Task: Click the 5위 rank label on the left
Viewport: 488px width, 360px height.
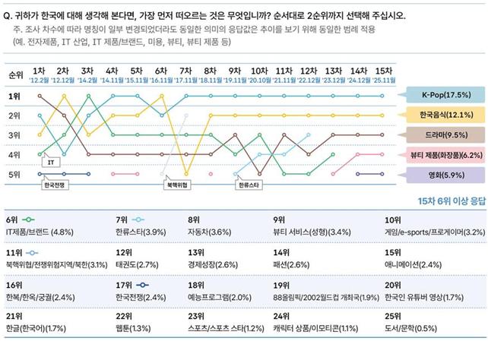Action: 14,175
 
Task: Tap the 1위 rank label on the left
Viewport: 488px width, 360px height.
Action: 14,96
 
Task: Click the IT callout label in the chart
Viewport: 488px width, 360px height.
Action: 51,162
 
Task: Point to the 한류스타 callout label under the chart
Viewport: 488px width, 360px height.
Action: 249,185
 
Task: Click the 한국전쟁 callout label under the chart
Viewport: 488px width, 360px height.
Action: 55,185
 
